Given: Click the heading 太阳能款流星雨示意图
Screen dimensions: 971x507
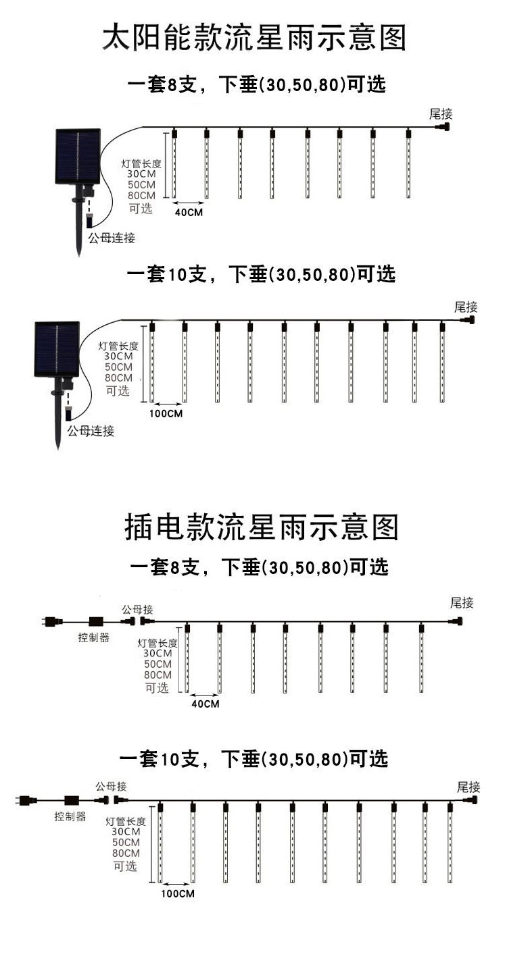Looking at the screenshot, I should coord(254,38).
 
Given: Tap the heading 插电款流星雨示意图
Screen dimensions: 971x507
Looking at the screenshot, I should coord(262,527).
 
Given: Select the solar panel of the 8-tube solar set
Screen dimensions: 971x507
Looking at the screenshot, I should coord(77,156).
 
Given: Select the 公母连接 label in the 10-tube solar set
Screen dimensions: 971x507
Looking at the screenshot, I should coord(90,431).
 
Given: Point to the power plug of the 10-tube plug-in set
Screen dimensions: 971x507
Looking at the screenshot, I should coord(23,801).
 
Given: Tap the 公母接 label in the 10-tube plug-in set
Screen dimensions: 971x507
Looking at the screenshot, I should coord(111,787).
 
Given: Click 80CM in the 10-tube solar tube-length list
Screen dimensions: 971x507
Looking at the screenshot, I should coord(119,377).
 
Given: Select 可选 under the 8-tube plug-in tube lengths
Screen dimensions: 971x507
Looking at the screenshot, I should coord(157,687).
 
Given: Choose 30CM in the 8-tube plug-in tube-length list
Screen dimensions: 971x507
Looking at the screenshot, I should coord(157,653).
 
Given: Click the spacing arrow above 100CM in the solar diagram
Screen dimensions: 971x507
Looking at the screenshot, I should coord(167,402).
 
